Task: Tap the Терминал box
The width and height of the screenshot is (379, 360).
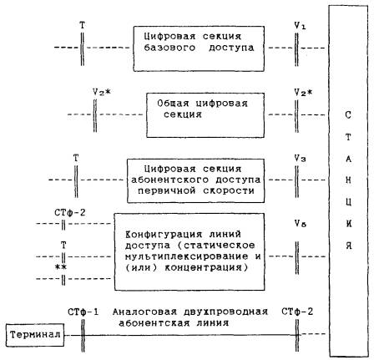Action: pyautogui.click(x=35, y=335)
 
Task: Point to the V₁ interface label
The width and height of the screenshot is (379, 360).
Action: pyautogui.click(x=300, y=26)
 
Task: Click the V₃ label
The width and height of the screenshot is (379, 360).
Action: pyautogui.click(x=301, y=159)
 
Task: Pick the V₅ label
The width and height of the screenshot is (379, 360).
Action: pyautogui.click(x=301, y=223)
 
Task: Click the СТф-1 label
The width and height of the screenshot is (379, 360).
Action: pyautogui.click(x=83, y=312)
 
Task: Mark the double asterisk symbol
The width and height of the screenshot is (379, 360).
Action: pyautogui.click(x=61, y=267)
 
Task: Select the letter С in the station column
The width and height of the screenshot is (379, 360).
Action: pyautogui.click(x=348, y=114)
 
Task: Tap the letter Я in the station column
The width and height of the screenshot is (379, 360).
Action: pyautogui.click(x=348, y=246)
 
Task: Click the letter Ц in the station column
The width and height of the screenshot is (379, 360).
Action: pyautogui.click(x=348, y=202)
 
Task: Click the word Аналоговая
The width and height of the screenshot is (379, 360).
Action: pyautogui.click(x=144, y=312)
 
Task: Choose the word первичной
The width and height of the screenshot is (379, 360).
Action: pyautogui.click(x=167, y=190)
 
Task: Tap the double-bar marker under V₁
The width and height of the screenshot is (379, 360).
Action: pyautogui.click(x=296, y=49)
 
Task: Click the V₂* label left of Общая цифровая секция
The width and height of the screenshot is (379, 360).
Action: pyautogui.click(x=101, y=92)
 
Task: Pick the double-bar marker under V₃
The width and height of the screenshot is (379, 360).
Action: pyautogui.click(x=296, y=181)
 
